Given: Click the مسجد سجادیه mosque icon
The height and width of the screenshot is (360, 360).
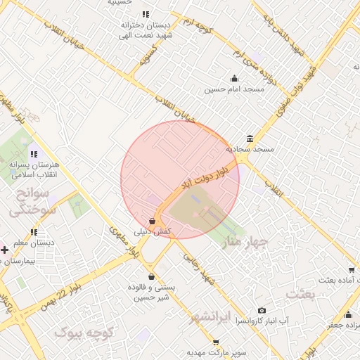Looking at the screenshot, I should pyautogui.click(x=250, y=139).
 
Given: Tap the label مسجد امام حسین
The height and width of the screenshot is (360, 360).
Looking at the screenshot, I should pyautogui.click(x=234, y=89).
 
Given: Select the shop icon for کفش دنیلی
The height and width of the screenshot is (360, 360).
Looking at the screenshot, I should pyautogui.click(x=153, y=221).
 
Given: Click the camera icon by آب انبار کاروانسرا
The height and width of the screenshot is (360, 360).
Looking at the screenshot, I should pyautogui.click(x=262, y=310).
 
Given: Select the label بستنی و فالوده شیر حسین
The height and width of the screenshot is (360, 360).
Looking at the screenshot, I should pyautogui.click(x=152, y=292).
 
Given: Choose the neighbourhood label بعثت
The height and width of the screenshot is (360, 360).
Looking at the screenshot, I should pyautogui.click(x=300, y=293).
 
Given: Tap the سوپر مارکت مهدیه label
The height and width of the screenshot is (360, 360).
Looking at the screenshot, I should pyautogui.click(x=214, y=352).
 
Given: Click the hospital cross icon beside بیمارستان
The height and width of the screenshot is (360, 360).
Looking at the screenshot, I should pyautogui.click(x=4, y=250).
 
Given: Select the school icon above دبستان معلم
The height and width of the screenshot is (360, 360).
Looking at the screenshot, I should pyautogui.click(x=33, y=232).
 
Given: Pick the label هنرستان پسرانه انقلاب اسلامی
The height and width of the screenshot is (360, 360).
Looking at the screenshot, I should pyautogui.click(x=34, y=169).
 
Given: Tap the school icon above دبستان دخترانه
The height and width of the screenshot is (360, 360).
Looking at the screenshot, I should pyautogui.click(x=145, y=14).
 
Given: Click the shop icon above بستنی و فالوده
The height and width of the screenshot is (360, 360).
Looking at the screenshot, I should pyautogui.click(x=152, y=276).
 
